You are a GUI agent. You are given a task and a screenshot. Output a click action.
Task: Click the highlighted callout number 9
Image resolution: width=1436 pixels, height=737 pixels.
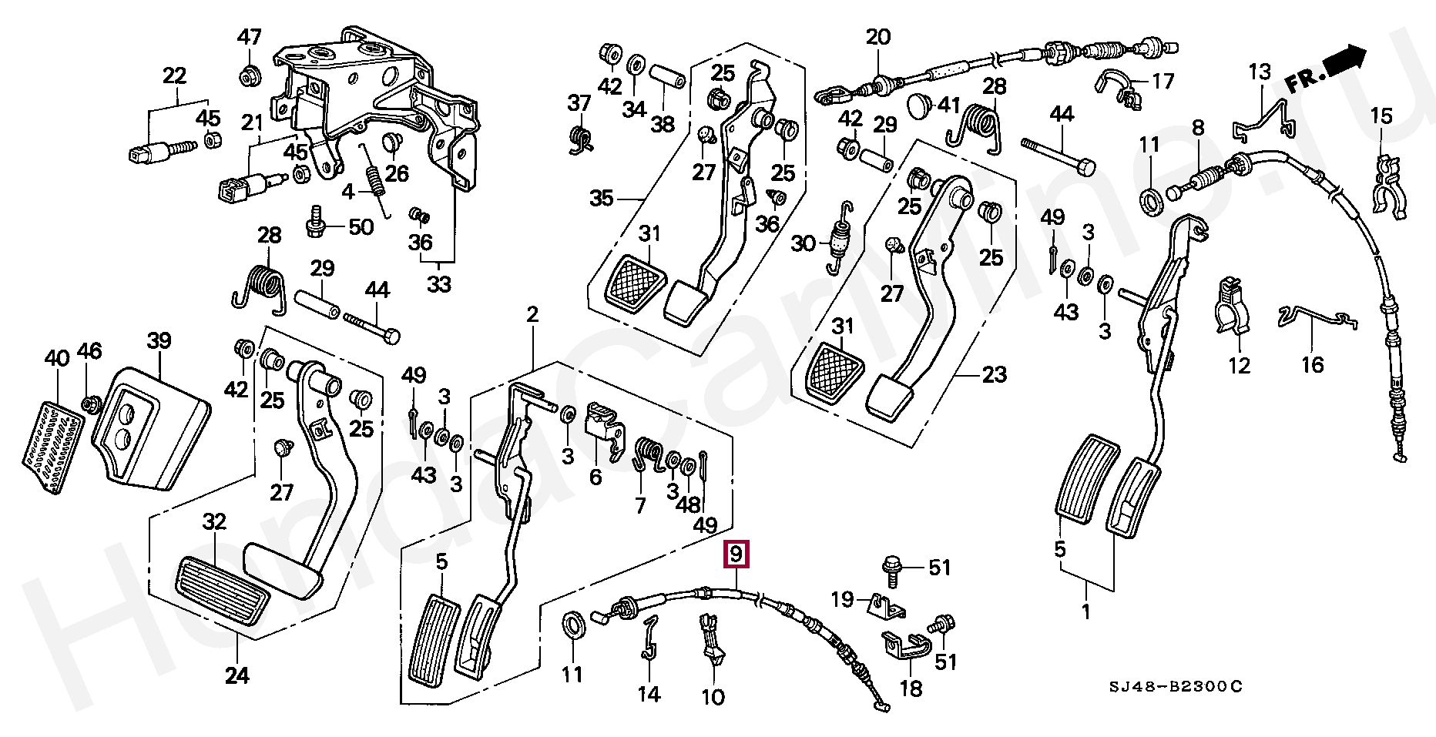coord(736,554)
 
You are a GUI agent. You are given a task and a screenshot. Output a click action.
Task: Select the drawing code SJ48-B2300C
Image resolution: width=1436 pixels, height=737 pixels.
coord(1176,687)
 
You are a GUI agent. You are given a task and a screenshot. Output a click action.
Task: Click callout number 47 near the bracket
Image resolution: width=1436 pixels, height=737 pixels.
coord(249,37)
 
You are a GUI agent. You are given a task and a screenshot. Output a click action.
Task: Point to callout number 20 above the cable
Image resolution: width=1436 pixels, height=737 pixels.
coord(877,36)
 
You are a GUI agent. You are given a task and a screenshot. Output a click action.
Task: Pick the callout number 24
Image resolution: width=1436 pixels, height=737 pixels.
coord(237,675)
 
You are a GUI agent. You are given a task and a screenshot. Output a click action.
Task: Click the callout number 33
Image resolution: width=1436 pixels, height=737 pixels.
coord(439,284)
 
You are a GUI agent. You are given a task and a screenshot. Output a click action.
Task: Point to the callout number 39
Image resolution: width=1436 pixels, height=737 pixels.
coord(159,340)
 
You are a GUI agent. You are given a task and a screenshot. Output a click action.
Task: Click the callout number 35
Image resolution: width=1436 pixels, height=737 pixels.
coord(601,198)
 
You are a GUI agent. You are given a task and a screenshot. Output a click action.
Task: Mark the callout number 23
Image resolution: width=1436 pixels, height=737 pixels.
coord(994,374)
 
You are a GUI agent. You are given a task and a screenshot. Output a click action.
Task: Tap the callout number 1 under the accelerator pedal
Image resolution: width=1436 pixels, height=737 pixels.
coord(1086,612)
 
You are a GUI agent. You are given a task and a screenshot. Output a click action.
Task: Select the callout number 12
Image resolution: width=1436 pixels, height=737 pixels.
coord(1239,364)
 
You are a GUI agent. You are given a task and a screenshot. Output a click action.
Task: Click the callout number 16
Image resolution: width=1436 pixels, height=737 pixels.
coord(1312,364)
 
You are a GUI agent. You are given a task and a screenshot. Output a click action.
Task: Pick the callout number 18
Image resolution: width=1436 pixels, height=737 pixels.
coord(911,688)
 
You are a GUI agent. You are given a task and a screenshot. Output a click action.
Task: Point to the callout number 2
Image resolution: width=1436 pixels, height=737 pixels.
coord(532,314)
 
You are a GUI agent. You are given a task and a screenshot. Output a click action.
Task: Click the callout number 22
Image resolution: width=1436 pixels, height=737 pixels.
coord(175,75)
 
